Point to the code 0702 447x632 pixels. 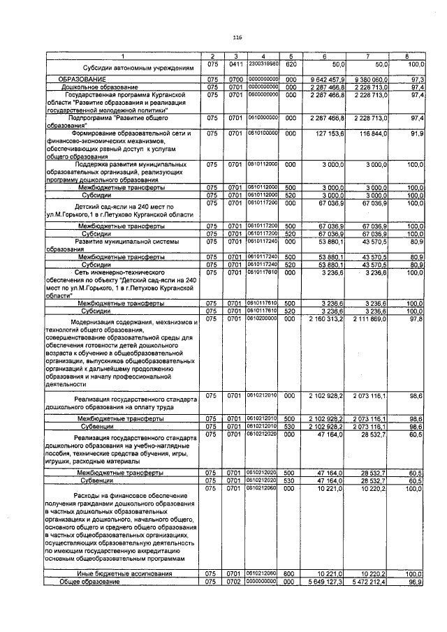(x=237, y=582)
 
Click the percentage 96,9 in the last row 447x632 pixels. (x=416, y=582)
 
